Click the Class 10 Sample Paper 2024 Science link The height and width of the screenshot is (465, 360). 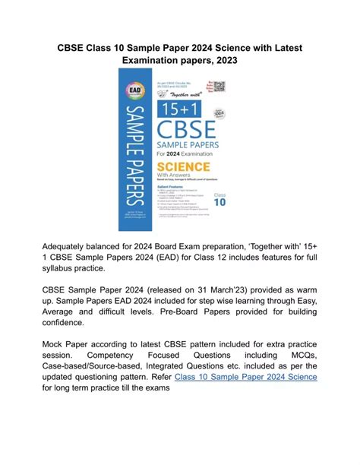(246, 377)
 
